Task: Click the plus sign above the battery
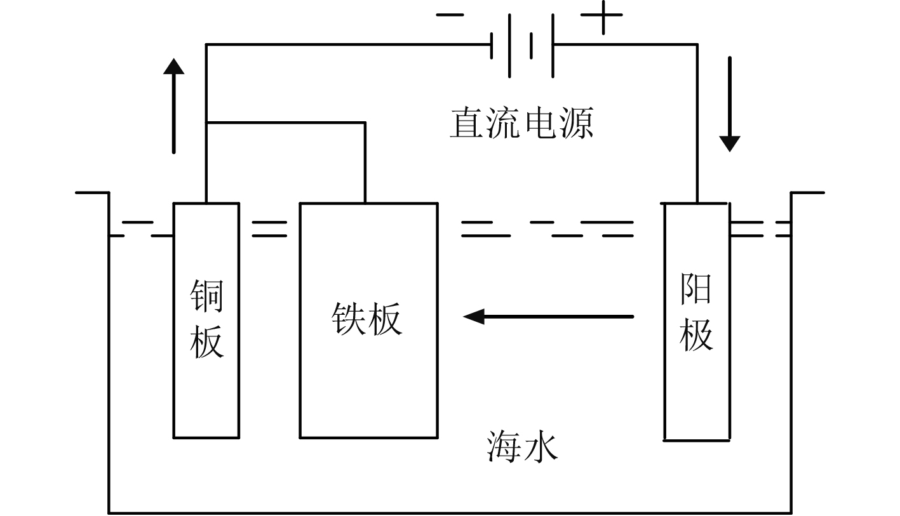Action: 601,18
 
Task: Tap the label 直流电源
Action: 521,123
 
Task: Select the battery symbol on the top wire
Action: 522,44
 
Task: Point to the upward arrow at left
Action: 173,105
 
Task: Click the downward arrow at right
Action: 729,105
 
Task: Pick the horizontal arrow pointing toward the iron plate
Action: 549,316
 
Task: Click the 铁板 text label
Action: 366,318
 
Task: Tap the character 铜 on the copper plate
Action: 207,296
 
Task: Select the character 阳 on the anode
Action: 695,289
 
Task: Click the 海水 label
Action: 522,446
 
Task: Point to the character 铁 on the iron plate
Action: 349,318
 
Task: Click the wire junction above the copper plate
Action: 206,122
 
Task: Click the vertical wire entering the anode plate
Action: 697,127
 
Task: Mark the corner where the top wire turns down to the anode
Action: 697,44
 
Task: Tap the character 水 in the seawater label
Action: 541,446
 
